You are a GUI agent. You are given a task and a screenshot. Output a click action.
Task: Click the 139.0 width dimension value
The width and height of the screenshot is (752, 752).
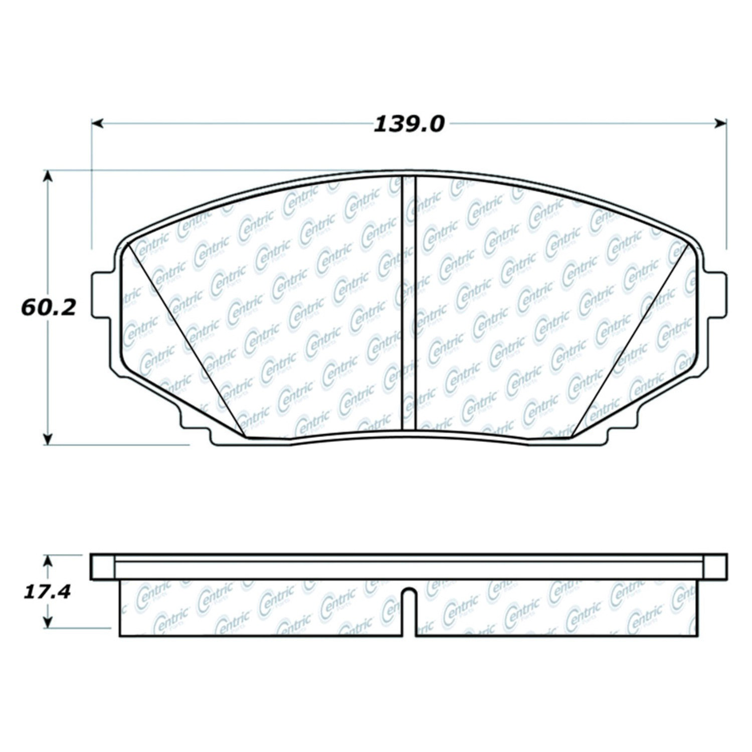coord(409,124)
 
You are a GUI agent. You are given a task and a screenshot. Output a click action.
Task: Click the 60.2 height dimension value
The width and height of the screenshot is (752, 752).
coord(48,307)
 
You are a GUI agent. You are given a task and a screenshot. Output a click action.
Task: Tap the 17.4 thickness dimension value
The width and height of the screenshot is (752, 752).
coord(48,592)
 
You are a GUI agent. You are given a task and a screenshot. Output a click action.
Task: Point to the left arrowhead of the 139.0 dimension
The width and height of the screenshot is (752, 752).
coord(97,123)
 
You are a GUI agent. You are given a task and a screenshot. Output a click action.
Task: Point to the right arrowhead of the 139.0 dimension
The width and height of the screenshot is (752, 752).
coord(721,123)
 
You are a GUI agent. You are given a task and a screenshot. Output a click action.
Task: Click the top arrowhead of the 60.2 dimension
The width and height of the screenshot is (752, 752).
coord(48,175)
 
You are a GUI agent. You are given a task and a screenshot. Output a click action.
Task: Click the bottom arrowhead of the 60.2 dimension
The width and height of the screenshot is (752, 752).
coord(48,438)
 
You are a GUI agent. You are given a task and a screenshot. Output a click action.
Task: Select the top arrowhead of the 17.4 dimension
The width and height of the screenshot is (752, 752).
coord(48,560)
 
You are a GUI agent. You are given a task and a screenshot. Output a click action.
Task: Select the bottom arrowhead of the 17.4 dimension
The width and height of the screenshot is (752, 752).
coord(48,622)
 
